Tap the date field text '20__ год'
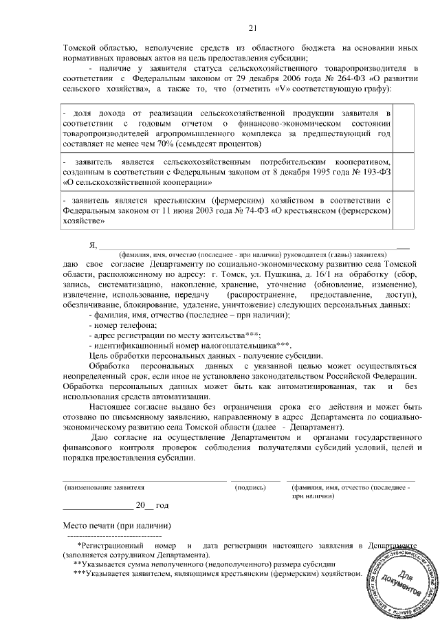tap(152, 505)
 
